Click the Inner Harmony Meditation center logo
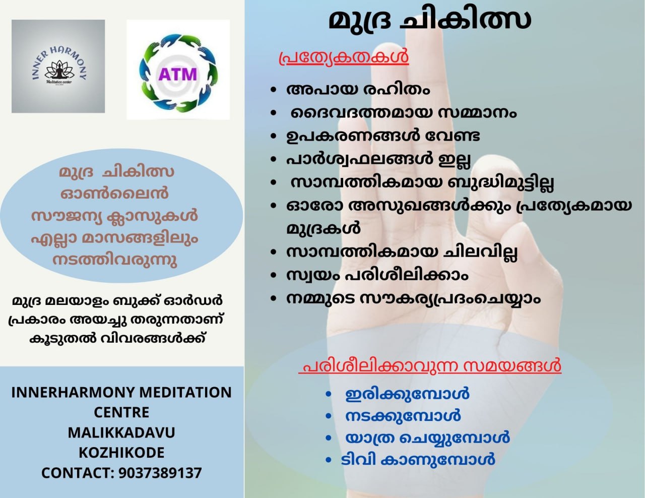58,66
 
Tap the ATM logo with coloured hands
178,70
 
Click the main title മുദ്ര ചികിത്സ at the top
430,21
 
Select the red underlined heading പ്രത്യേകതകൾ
344,57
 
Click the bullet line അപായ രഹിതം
358,90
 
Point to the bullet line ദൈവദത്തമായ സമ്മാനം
403,113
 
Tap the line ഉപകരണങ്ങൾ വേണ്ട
383,136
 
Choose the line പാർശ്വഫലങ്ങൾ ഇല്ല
378,159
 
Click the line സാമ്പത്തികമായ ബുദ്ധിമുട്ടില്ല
422,182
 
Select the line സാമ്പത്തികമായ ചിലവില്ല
402,252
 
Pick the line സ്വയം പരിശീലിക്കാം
377,275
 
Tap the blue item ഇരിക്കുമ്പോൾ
407,394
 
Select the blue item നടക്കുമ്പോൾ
403,416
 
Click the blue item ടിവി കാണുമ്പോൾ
417,460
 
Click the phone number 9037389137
160,473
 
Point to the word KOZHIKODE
121,453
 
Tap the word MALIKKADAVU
121,432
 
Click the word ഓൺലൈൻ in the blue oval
114,194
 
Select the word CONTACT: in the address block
78,473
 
